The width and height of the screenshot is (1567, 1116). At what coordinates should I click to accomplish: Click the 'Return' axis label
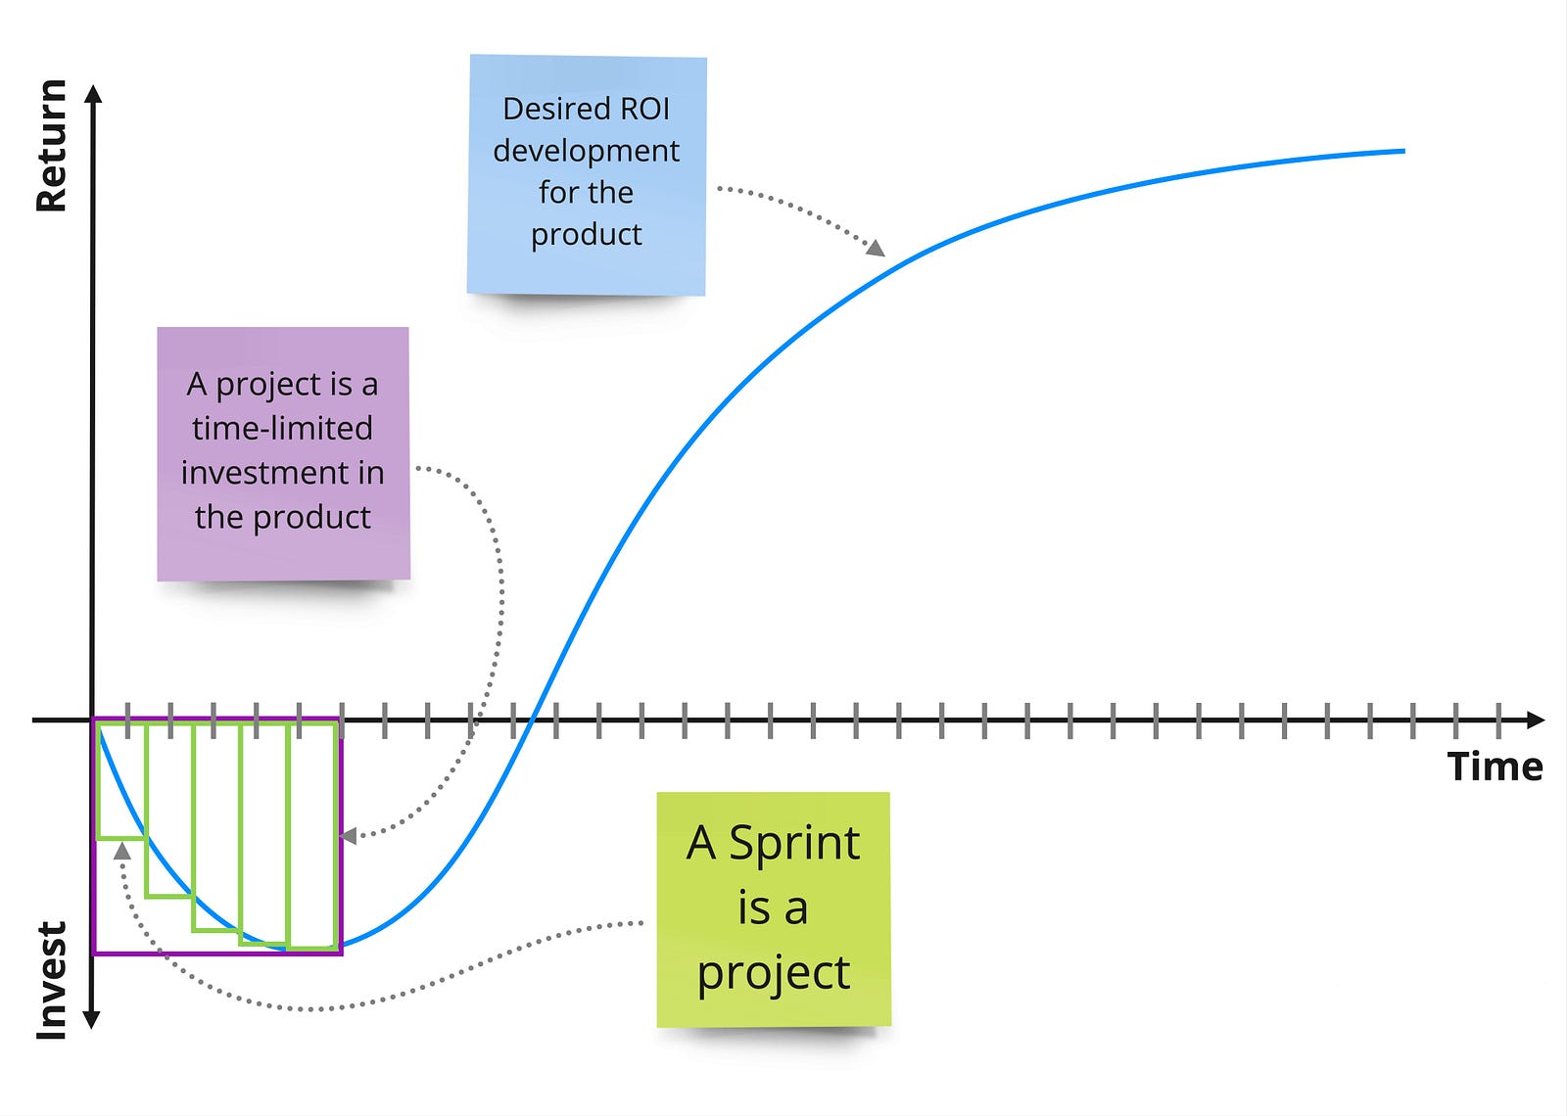[x=51, y=147]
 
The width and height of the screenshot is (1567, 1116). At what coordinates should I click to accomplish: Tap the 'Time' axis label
[x=1495, y=767]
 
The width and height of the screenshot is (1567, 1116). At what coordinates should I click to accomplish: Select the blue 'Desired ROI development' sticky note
[x=587, y=174]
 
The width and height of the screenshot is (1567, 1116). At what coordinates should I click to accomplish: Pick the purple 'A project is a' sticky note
[x=283, y=452]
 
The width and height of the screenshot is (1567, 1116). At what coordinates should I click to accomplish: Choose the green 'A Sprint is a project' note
[x=774, y=908]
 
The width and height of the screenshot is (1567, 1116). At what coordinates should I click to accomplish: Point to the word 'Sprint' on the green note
[x=794, y=843]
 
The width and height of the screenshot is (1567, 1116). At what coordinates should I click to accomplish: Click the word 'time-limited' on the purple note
[x=282, y=429]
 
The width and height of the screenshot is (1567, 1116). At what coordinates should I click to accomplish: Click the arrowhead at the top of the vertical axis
[x=93, y=94]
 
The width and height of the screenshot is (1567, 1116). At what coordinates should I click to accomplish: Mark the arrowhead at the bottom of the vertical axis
[x=92, y=1020]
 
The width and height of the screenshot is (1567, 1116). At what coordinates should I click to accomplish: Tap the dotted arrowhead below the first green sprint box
[x=121, y=850]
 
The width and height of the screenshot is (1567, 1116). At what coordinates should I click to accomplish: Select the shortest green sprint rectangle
[x=121, y=781]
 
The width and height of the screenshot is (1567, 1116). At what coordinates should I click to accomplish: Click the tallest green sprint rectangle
[x=313, y=836]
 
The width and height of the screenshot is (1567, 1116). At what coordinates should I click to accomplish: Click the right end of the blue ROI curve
[x=1402, y=151]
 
